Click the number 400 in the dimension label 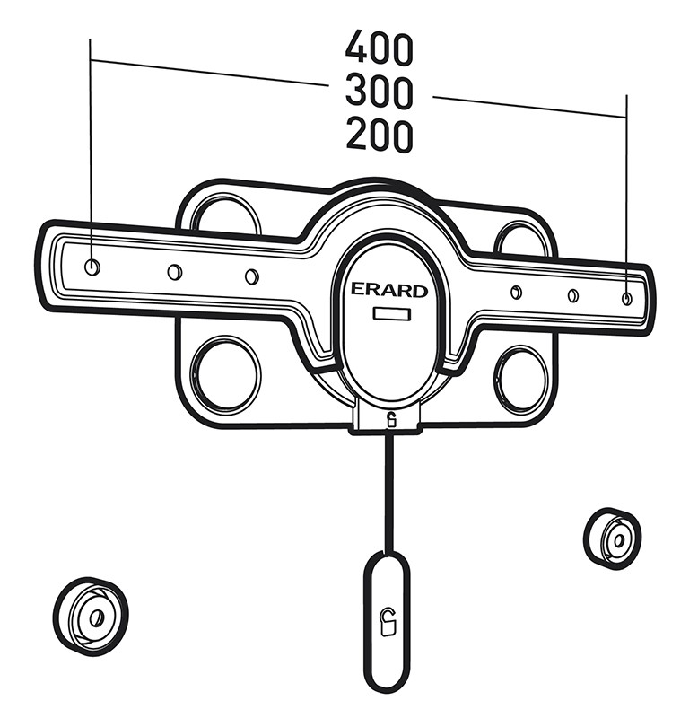click(x=379, y=49)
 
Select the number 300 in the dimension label click(x=379, y=92)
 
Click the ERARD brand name click(x=389, y=290)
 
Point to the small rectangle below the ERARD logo click(x=392, y=314)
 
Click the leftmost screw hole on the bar click(x=92, y=267)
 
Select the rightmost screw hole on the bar click(x=627, y=298)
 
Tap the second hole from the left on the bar click(x=174, y=272)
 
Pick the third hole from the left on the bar click(x=252, y=276)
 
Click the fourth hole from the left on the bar click(x=516, y=292)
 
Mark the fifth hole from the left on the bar click(x=572, y=295)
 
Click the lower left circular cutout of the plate click(x=224, y=372)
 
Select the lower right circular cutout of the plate click(x=523, y=377)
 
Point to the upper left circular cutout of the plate click(x=226, y=214)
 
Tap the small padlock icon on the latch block click(x=391, y=420)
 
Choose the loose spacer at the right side click(x=613, y=538)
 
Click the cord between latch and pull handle click(x=389, y=493)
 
